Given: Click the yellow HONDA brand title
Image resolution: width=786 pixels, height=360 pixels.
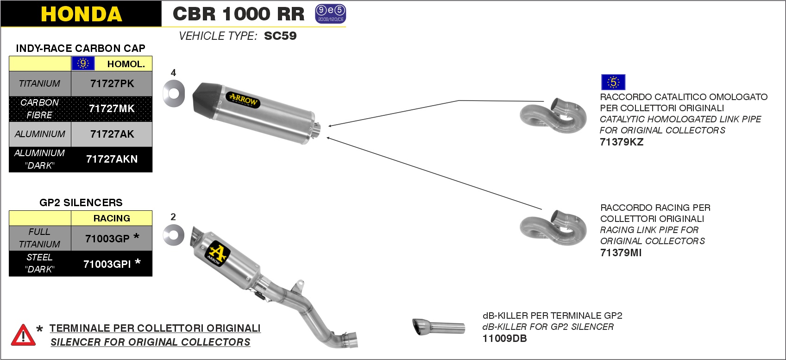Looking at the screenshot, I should [82, 14].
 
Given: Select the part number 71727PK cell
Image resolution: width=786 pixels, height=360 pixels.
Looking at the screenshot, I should [112, 84].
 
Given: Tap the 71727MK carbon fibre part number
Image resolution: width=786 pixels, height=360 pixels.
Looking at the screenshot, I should [112, 108].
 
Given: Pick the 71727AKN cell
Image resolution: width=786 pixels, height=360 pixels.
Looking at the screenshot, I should [112, 159].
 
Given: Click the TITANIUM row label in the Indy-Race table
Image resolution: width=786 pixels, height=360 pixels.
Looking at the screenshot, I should [40, 84].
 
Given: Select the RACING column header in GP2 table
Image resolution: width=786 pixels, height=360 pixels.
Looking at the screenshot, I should [112, 218].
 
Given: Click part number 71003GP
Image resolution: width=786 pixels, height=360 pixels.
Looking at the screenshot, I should [107, 239].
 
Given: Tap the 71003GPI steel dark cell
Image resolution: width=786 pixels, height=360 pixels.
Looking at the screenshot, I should [107, 264].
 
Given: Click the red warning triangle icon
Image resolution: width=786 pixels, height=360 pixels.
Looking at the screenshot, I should [23, 335].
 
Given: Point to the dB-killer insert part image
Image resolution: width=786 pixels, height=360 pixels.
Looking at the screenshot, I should [438, 327].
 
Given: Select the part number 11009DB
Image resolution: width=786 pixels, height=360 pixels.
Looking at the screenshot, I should [504, 338].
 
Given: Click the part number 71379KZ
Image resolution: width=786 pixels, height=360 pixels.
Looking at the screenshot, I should [622, 142].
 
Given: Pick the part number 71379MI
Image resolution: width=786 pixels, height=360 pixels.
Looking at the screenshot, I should [621, 253].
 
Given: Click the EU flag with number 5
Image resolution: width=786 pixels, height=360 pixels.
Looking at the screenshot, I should [613, 82].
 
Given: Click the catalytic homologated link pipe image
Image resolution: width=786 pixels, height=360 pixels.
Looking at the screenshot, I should [553, 116].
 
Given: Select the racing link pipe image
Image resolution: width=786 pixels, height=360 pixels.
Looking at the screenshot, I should [553, 227].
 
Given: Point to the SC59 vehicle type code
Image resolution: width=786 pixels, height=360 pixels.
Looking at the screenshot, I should [280, 36].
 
